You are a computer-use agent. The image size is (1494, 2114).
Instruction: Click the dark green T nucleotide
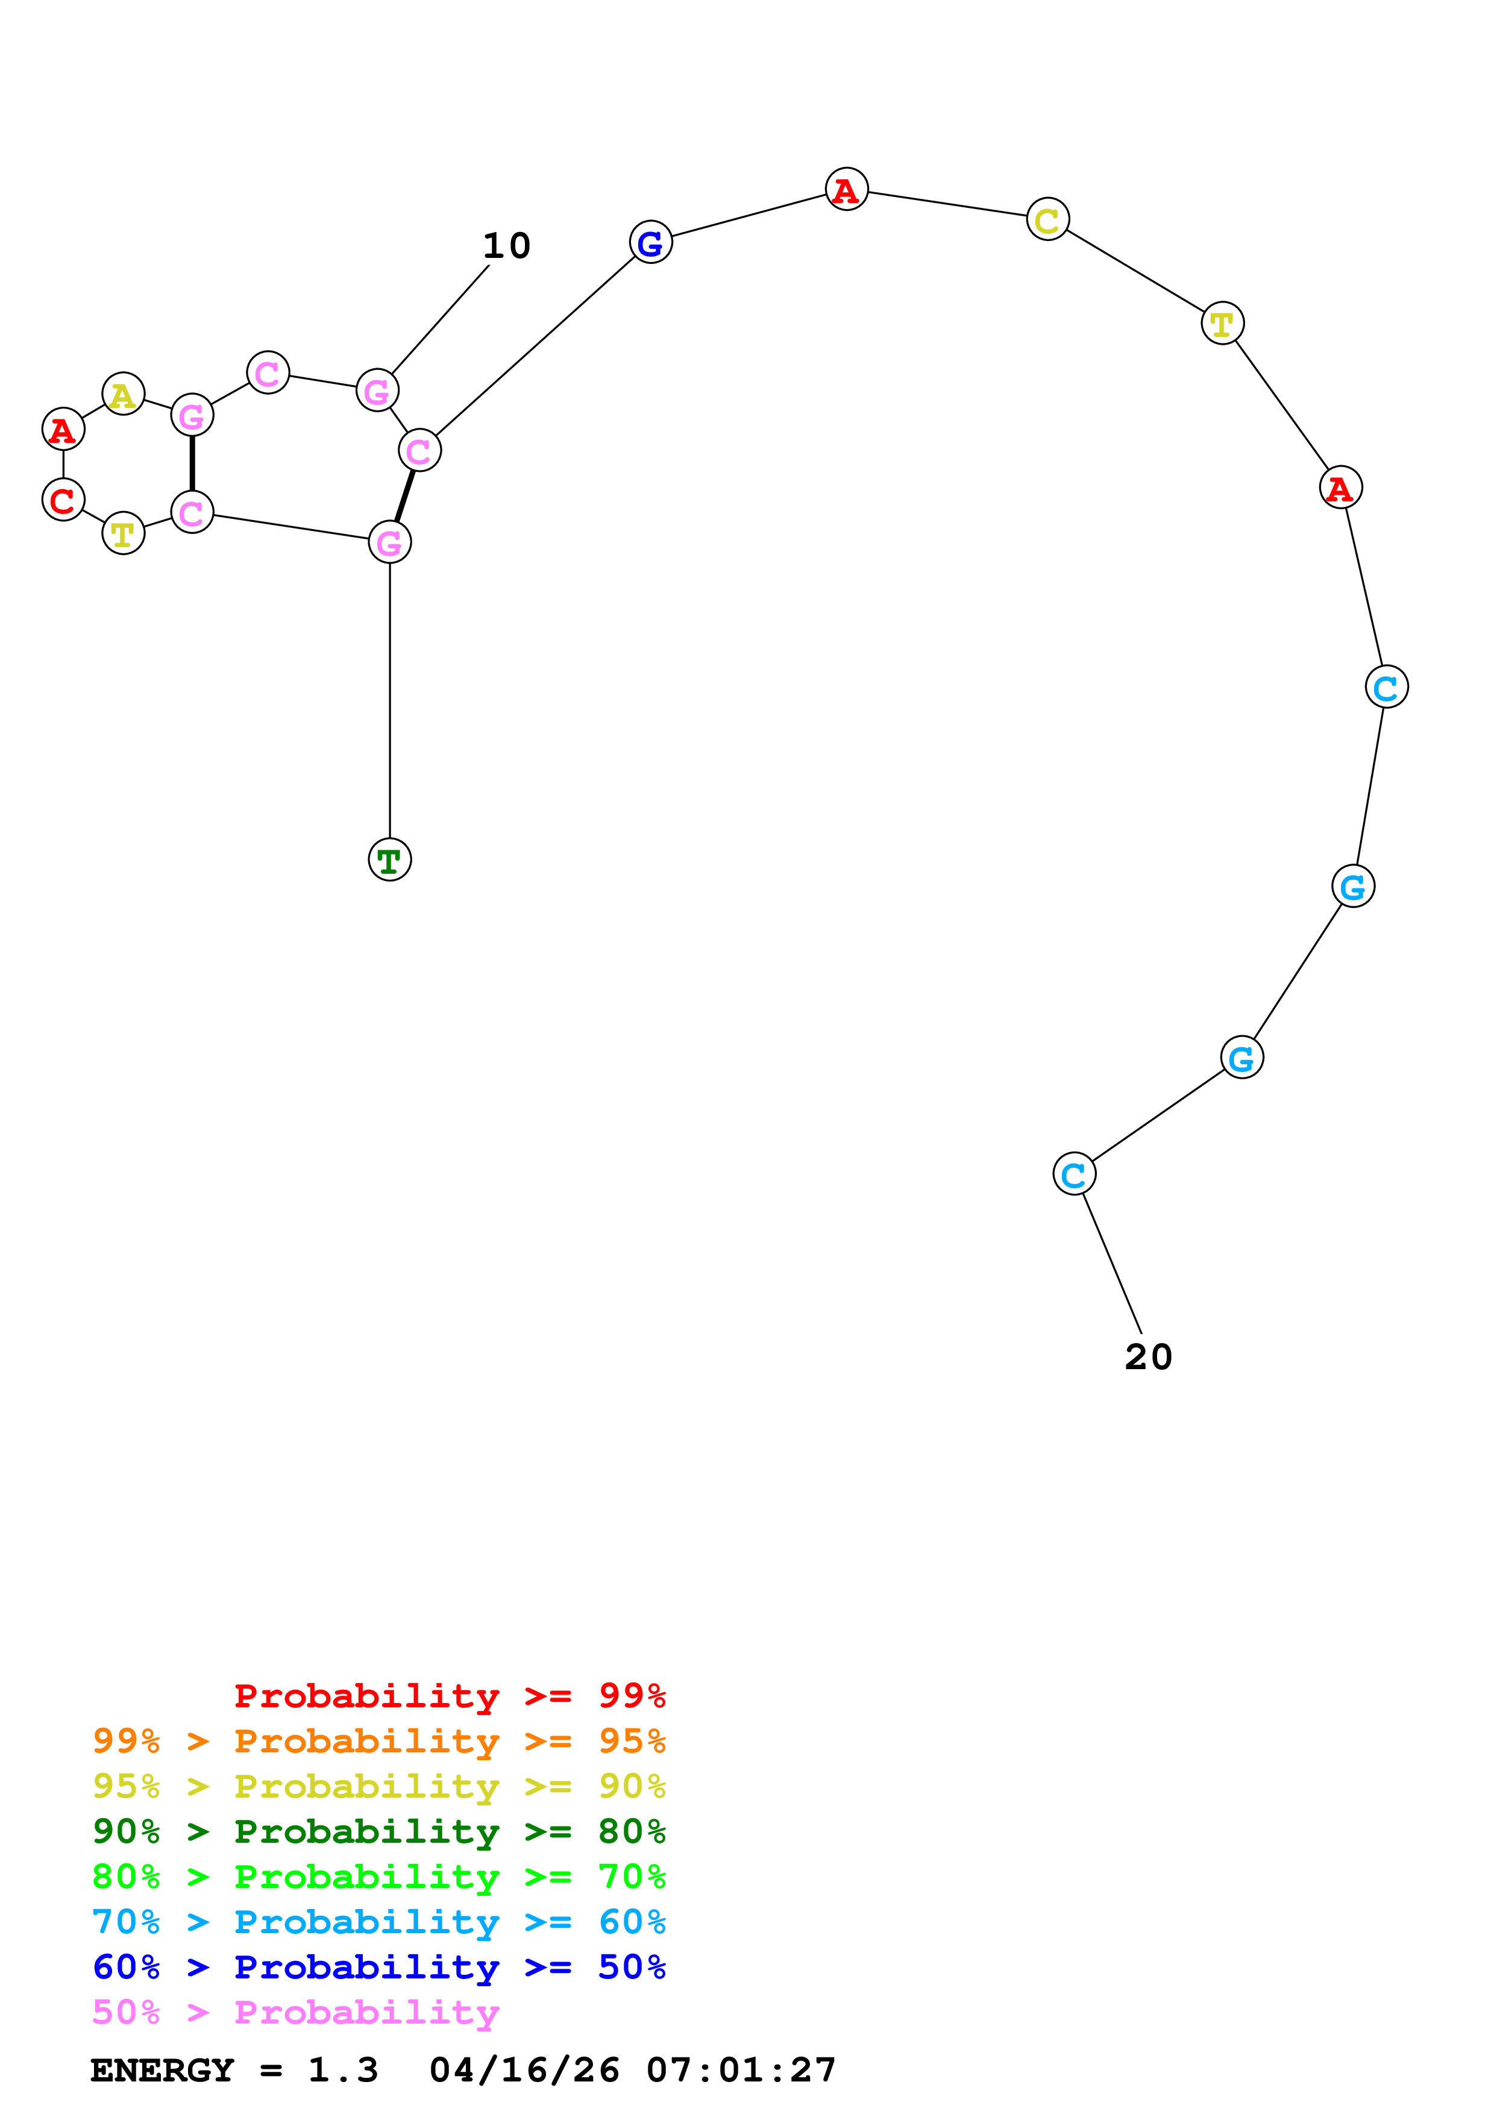tap(389, 860)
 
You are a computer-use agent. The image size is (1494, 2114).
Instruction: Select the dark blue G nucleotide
tap(651, 242)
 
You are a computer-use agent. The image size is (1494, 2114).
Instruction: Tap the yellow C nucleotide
tap(1047, 219)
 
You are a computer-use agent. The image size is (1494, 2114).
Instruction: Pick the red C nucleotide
tap(63, 500)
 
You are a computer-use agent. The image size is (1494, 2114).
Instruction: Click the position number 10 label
tap(506, 246)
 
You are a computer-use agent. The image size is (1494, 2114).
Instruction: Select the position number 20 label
tap(1148, 1357)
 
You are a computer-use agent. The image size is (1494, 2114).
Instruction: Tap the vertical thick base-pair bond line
tap(192, 464)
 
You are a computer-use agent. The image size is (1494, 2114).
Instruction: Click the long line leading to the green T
tap(389, 700)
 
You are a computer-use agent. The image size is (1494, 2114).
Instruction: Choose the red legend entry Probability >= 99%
tap(449, 1696)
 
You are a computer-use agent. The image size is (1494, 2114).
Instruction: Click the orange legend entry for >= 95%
tap(378, 1741)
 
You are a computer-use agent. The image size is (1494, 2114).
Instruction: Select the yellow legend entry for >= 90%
tap(378, 1786)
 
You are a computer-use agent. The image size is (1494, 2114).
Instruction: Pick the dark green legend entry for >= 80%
tap(378, 1831)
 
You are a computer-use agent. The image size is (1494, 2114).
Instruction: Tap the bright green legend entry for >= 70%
tap(378, 1877)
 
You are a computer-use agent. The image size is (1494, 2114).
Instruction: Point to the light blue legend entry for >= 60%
tap(378, 1922)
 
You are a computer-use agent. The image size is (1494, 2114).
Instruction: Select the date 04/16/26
tap(524, 2070)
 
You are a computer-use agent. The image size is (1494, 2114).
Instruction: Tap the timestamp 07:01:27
tap(741, 2070)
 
